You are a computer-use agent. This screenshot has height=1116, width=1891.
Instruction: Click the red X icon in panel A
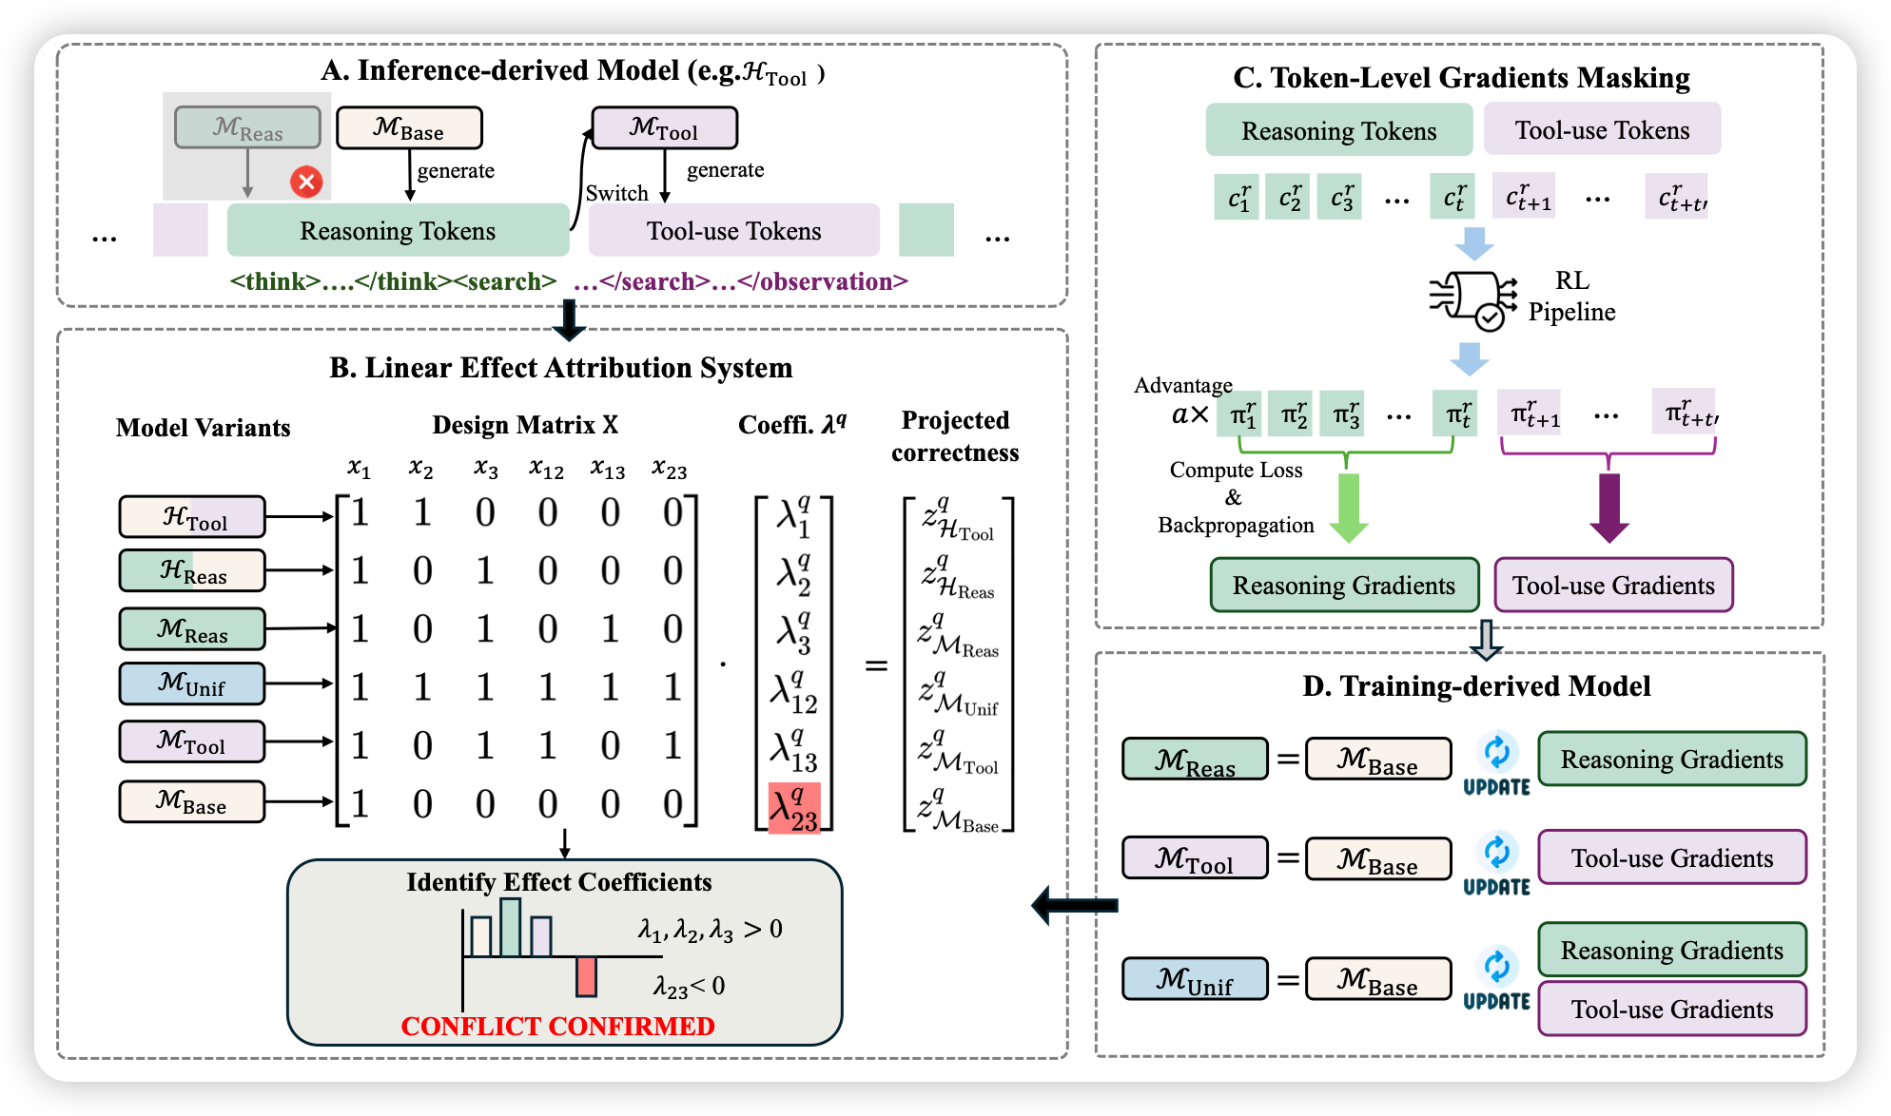point(306,182)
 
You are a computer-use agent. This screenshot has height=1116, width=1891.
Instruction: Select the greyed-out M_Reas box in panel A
point(247,127)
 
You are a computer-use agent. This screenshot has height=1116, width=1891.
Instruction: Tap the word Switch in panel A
point(616,193)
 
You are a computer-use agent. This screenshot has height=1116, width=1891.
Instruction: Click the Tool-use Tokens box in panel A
point(733,231)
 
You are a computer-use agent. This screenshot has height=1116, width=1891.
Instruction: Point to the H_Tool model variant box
point(192,517)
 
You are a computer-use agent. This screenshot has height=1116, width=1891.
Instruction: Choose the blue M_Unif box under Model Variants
point(192,683)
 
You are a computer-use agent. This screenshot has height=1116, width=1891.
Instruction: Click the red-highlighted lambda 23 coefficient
point(793,809)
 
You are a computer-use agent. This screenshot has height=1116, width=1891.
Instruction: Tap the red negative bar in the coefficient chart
point(586,976)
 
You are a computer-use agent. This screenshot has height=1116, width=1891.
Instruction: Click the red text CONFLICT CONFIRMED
point(557,1027)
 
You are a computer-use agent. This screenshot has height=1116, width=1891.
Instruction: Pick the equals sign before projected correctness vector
point(876,665)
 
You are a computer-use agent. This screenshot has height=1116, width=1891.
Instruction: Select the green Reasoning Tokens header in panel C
point(1338,130)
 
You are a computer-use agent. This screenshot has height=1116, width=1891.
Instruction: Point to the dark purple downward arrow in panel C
point(1608,508)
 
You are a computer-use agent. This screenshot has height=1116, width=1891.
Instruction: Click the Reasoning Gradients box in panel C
point(1343,586)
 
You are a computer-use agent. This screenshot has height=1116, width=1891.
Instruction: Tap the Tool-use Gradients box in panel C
point(1613,586)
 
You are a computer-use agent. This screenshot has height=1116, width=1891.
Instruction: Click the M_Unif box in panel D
point(1195,979)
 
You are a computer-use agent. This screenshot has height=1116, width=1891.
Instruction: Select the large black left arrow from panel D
point(1074,905)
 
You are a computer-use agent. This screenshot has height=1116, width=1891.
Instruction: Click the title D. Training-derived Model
point(1475,686)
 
